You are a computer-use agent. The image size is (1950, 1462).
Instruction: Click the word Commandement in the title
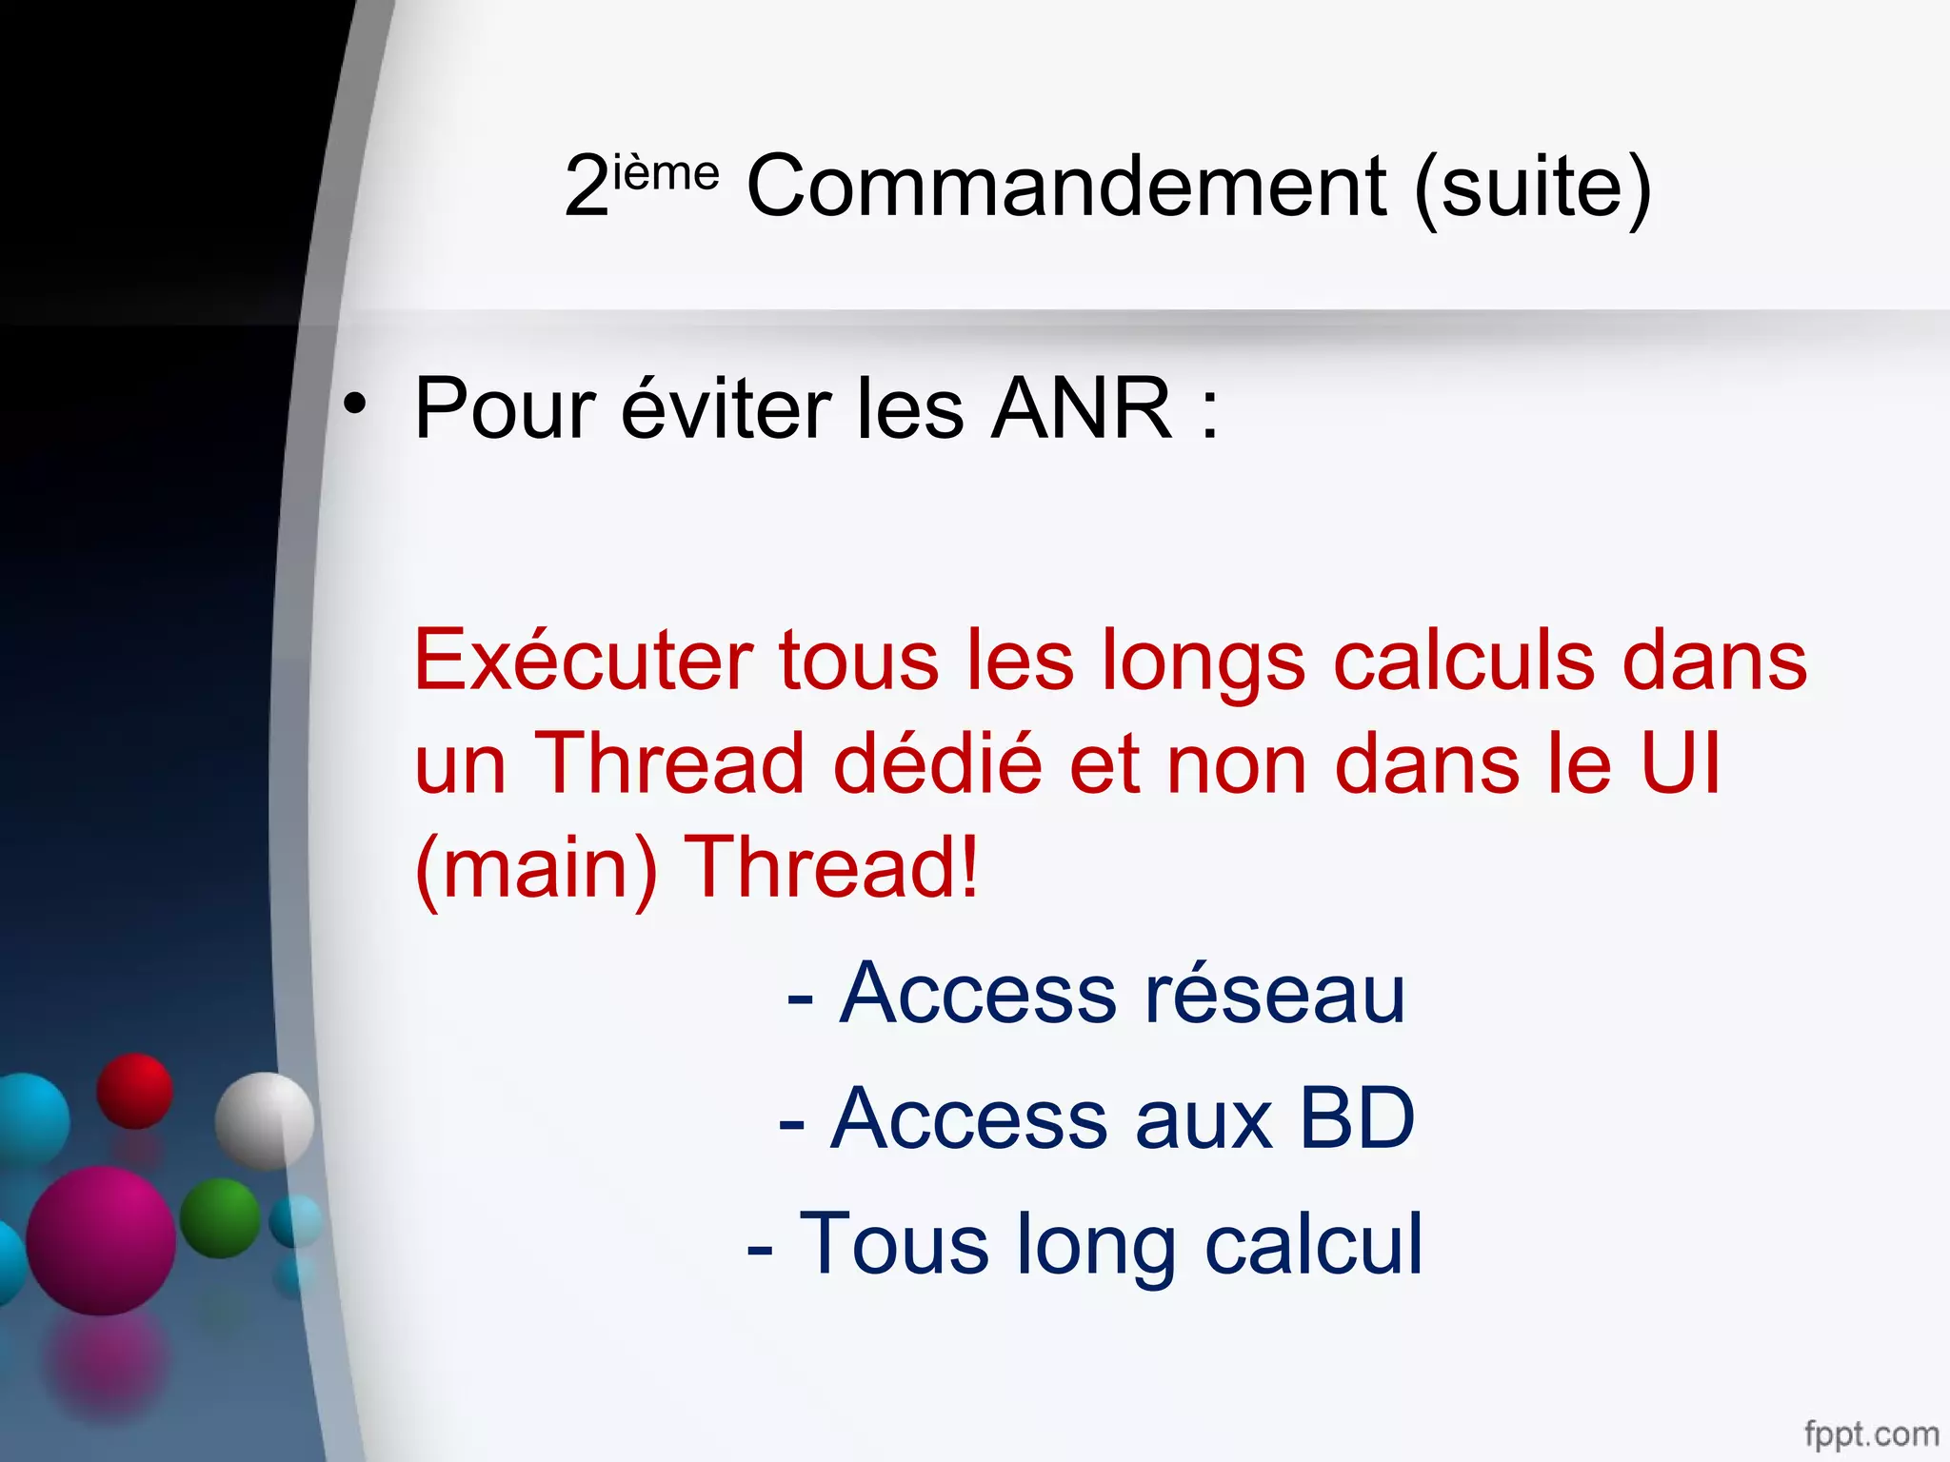tap(1066, 187)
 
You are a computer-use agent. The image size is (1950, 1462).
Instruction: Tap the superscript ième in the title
tap(666, 174)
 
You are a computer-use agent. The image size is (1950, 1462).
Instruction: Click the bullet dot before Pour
tap(355, 404)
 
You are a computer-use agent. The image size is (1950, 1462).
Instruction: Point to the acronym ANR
tap(1081, 409)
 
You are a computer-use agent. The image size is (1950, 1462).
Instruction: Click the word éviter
tap(726, 409)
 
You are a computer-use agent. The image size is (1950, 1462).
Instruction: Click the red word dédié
tap(938, 763)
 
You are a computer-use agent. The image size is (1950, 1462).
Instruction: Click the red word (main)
tap(536, 868)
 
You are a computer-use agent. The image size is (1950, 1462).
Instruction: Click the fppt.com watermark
tap(1871, 1432)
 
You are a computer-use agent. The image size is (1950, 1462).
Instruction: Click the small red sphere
tap(134, 1091)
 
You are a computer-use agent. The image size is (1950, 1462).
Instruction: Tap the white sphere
tap(264, 1120)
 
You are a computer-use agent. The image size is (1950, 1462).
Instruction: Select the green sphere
tap(220, 1217)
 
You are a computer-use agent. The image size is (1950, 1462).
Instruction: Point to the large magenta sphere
tap(101, 1240)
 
